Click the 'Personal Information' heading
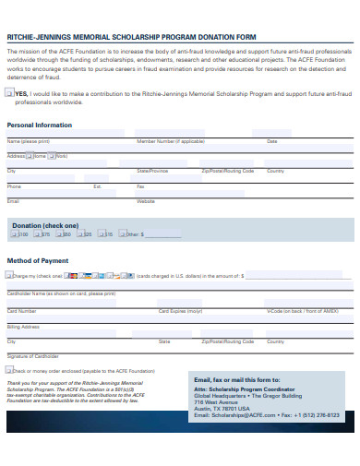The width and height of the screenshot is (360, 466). click(x=33, y=124)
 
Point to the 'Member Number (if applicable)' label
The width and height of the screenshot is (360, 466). click(x=171, y=141)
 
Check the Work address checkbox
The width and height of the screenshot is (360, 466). click(x=54, y=157)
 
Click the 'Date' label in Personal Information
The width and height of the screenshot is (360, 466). click(x=271, y=141)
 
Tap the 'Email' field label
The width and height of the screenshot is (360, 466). click(x=13, y=200)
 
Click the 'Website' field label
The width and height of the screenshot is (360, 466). click(x=146, y=200)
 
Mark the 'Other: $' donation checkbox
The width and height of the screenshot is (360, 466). click(x=120, y=234)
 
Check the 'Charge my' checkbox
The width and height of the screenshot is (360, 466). click(x=10, y=275)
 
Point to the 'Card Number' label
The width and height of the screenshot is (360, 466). click(x=22, y=311)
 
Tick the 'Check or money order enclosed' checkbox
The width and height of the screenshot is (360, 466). click(x=10, y=369)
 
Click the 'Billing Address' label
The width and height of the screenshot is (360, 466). click(x=23, y=326)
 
